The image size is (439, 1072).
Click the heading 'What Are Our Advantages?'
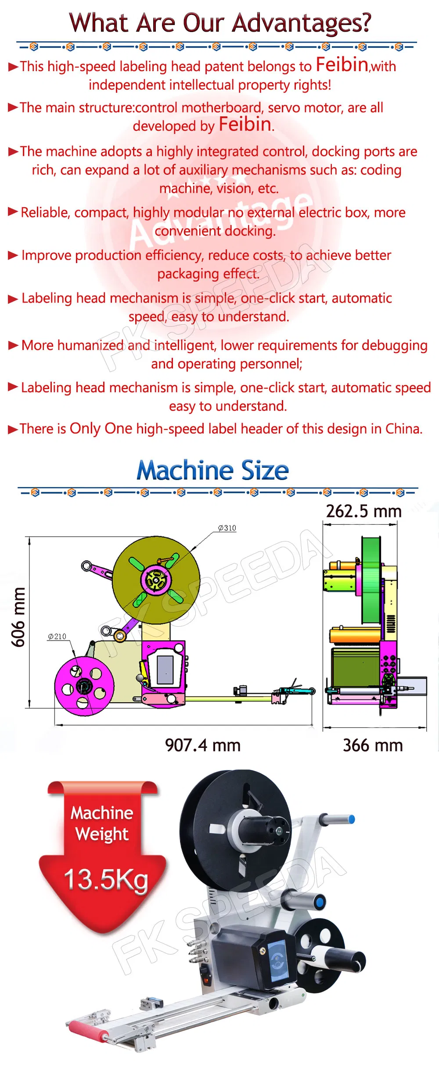[219, 23]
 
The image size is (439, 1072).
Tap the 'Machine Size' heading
[212, 471]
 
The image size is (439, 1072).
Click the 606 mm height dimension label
[18, 617]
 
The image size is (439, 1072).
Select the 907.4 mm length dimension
[203, 745]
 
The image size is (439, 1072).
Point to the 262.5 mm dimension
[363, 511]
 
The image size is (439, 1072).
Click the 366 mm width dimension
[373, 745]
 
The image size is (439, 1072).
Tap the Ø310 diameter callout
[227, 528]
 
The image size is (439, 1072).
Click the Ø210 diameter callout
[57, 636]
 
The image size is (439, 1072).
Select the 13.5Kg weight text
[106, 880]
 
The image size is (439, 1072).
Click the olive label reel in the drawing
[156, 580]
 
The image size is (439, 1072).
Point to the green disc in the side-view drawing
[371, 580]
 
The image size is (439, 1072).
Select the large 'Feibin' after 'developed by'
[245, 125]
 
